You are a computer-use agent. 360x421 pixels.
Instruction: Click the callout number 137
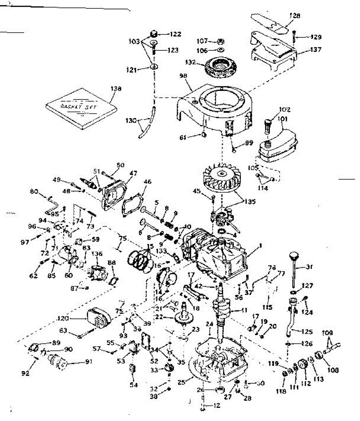pos(315,50)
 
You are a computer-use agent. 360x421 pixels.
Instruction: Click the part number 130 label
pos(131,120)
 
